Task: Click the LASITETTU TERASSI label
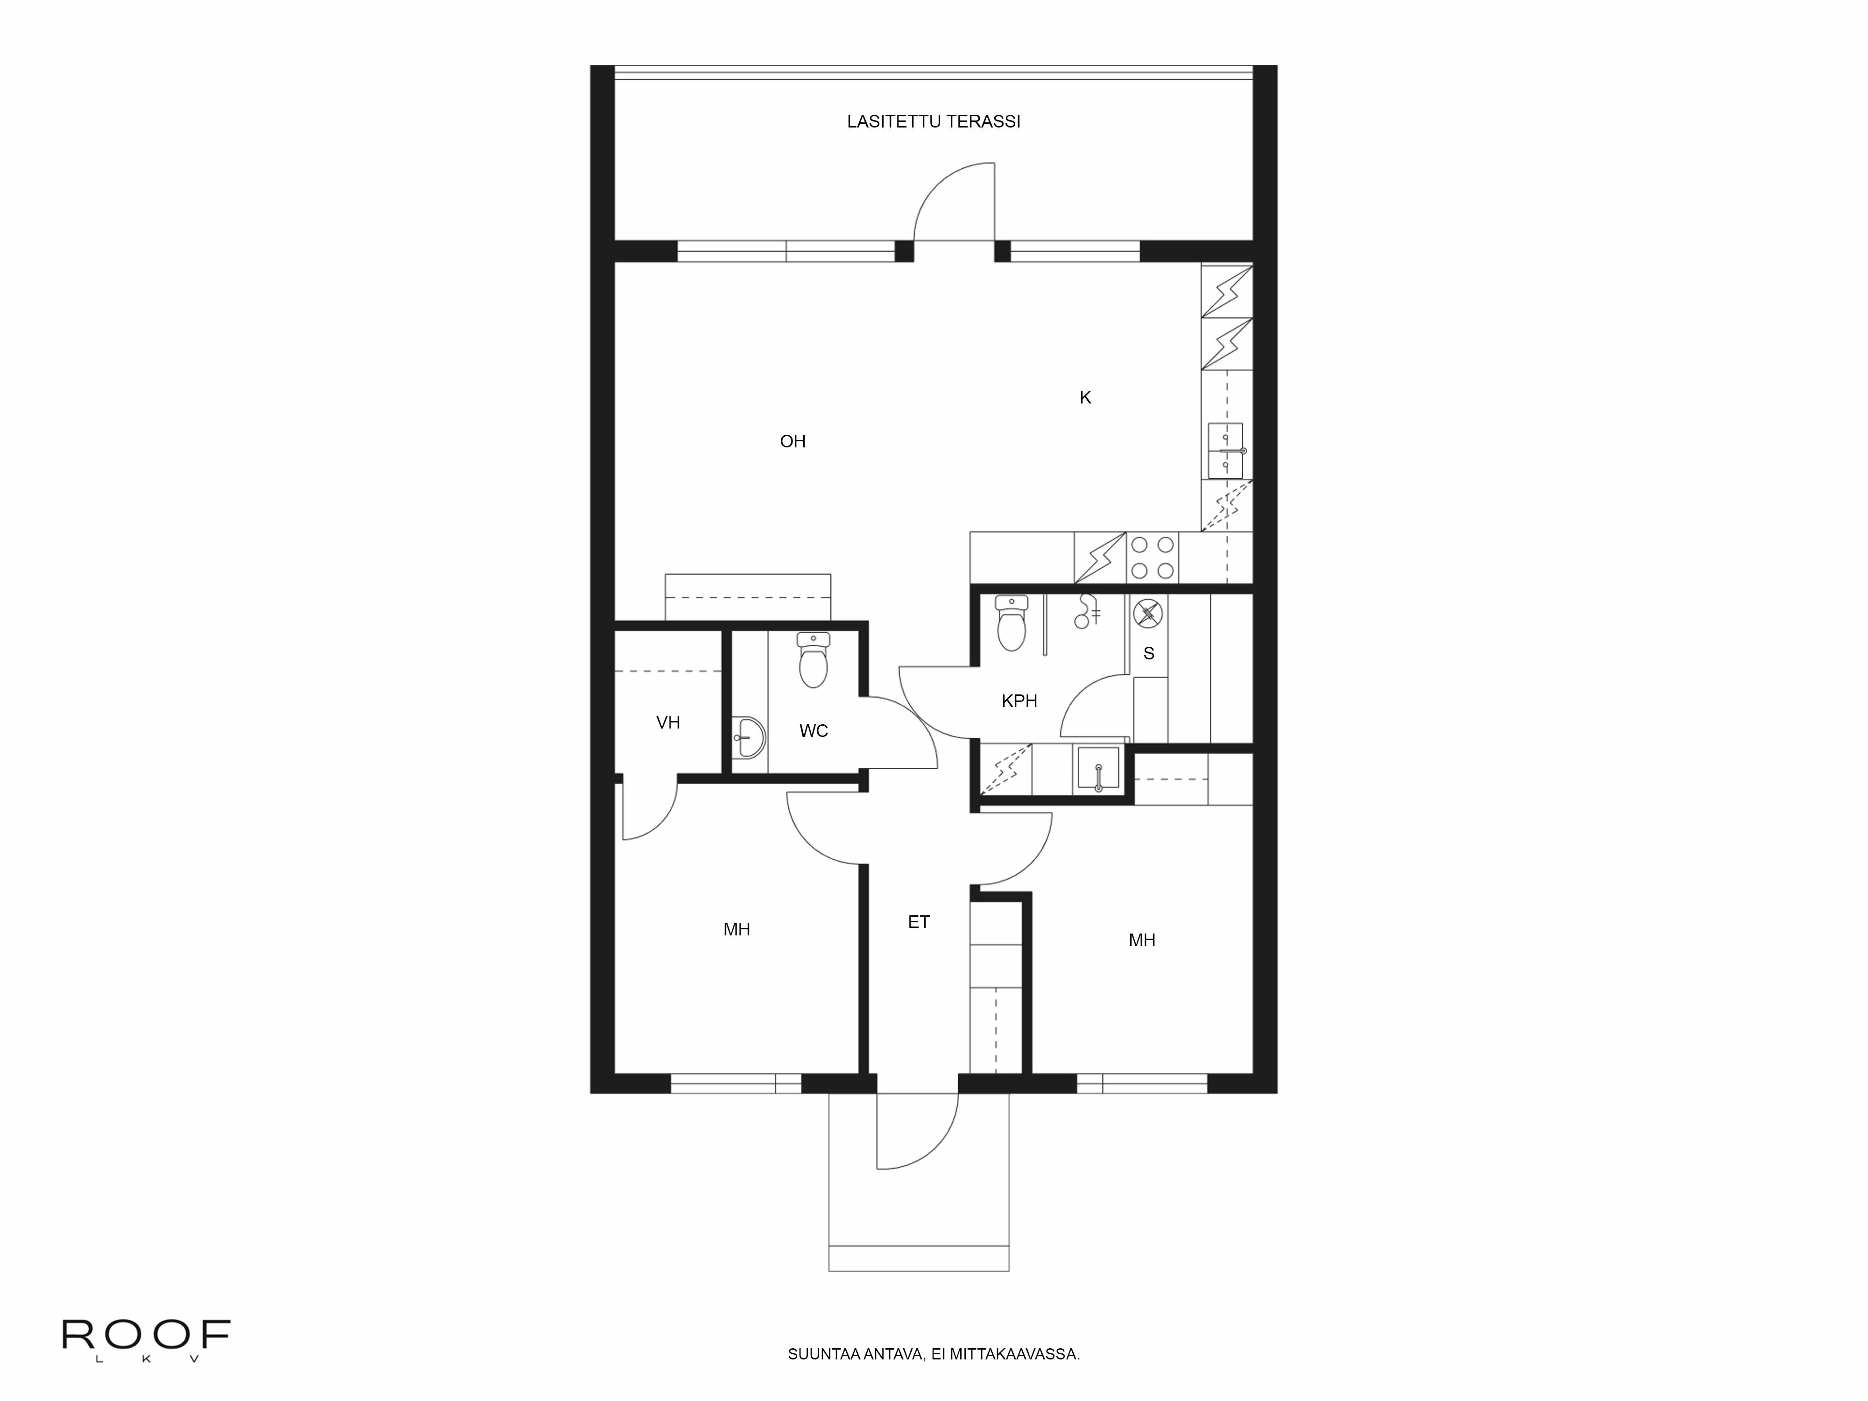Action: (933, 121)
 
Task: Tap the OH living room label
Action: (792, 441)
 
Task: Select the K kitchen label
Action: (1085, 398)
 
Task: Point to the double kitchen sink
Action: (1225, 451)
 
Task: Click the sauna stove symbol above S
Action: (1148, 613)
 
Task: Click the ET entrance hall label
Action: (919, 922)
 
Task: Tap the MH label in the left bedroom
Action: (736, 930)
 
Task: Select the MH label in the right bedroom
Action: (1142, 940)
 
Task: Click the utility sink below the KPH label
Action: (1098, 769)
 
